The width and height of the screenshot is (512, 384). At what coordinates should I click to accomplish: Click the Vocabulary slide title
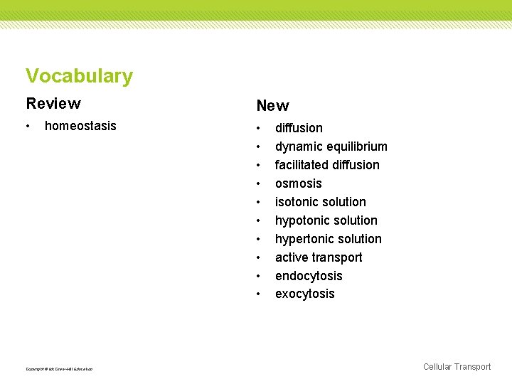coord(79,76)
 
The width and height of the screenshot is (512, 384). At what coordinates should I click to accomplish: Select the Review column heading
coord(53,104)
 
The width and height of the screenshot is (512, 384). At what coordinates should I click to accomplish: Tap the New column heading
coord(272,106)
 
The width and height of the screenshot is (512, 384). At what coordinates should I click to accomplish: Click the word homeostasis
coord(80,126)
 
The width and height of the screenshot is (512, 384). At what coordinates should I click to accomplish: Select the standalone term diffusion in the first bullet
coord(299,128)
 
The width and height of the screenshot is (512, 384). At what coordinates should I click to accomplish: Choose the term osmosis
coord(299,183)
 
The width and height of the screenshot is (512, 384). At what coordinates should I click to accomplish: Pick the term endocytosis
coord(309,276)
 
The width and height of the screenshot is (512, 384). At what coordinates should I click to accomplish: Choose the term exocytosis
coord(304,294)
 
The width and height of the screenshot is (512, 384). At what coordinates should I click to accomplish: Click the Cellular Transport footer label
coord(457,367)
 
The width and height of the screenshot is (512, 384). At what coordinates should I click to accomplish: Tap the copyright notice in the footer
coord(59,368)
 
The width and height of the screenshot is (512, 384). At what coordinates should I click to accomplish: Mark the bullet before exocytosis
coord(260,294)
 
